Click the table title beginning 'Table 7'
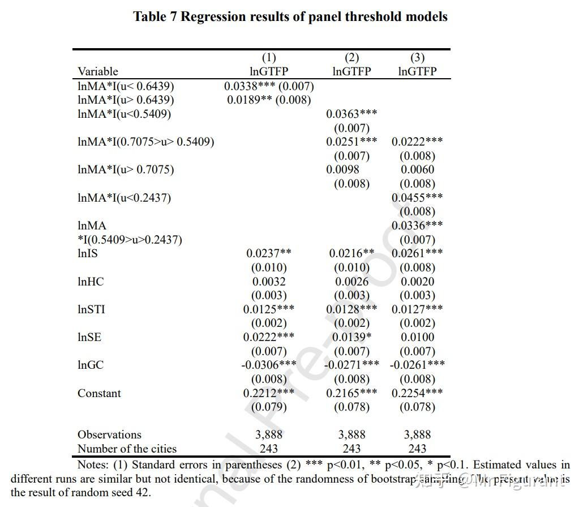click(x=290, y=16)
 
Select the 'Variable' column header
click(x=98, y=71)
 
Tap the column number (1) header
click(x=269, y=58)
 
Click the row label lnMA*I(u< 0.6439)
click(x=126, y=86)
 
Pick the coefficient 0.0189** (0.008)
click(x=269, y=100)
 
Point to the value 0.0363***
click(x=351, y=114)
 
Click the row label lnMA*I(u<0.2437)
click(x=124, y=198)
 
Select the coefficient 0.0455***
click(x=417, y=198)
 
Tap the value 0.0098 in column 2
click(x=342, y=170)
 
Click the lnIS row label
click(x=88, y=253)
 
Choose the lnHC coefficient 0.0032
click(x=269, y=282)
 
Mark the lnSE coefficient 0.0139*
click(x=351, y=337)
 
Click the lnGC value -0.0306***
click(x=269, y=365)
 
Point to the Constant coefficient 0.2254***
click(x=417, y=393)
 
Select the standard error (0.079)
click(x=269, y=407)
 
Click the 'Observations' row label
click(x=109, y=435)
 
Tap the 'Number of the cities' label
click(x=127, y=449)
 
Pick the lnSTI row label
click(x=91, y=309)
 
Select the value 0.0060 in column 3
click(x=417, y=170)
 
